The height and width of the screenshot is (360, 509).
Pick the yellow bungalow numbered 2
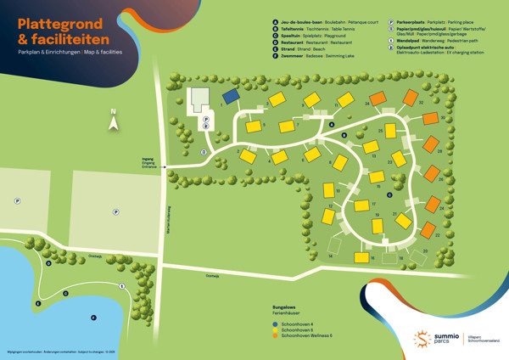coord(247,156)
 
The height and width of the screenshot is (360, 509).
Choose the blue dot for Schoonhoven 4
coord(275,324)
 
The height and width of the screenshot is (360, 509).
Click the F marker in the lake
coord(38,302)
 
